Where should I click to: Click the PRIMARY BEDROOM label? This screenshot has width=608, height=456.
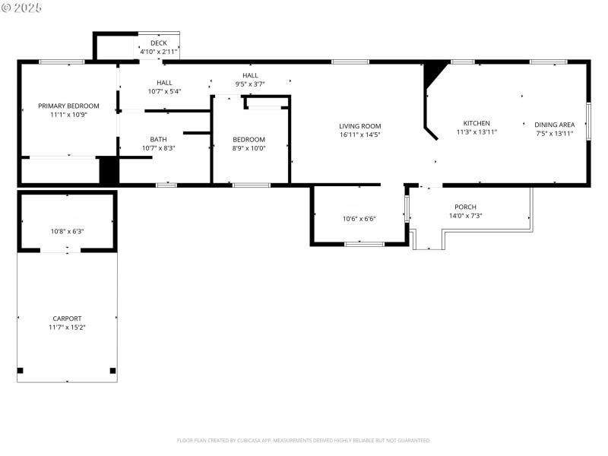click(68, 106)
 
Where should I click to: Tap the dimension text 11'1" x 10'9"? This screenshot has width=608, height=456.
click(68, 115)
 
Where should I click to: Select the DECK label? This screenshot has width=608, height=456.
click(158, 43)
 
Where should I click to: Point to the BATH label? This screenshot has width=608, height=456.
click(158, 139)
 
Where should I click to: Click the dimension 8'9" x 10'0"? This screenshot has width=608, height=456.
click(249, 148)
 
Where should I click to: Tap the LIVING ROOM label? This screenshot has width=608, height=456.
click(359, 126)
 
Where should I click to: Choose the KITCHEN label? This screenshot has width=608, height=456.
click(477, 123)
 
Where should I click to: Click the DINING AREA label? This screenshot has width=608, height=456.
click(554, 125)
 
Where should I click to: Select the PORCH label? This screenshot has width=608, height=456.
click(465, 207)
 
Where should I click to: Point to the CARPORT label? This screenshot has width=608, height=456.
click(67, 318)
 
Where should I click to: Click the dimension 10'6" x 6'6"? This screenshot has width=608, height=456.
click(359, 219)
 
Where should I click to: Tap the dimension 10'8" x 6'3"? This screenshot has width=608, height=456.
click(67, 231)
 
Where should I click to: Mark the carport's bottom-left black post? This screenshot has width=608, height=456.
click(21, 371)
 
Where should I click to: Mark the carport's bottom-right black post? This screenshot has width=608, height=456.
click(112, 371)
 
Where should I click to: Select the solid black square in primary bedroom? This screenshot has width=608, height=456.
click(109, 169)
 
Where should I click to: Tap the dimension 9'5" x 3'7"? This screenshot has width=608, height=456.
click(250, 84)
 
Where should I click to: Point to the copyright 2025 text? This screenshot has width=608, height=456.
click(23, 8)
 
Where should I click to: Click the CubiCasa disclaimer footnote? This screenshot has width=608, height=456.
click(304, 440)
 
